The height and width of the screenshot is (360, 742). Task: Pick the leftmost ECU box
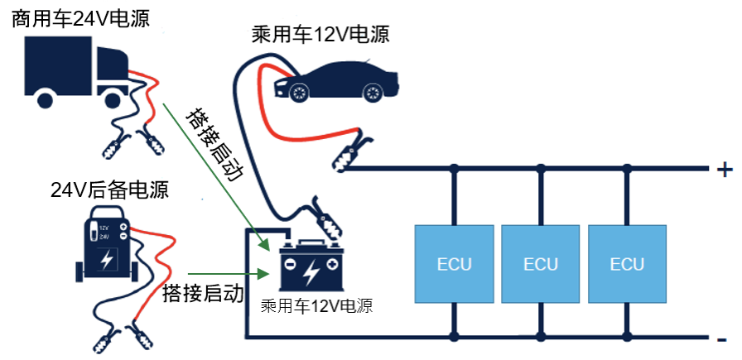[x=454, y=263]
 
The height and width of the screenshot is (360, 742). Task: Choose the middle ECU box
[x=541, y=263]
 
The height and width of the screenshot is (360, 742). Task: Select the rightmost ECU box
[x=627, y=263]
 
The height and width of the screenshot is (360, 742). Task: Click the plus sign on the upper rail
[x=725, y=170]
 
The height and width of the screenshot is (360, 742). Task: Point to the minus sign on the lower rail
[x=722, y=339]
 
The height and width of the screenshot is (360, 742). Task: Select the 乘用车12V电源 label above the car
[x=320, y=35]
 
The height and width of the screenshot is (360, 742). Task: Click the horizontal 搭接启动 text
[x=203, y=293]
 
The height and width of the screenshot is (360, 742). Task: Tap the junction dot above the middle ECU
[x=541, y=169]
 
